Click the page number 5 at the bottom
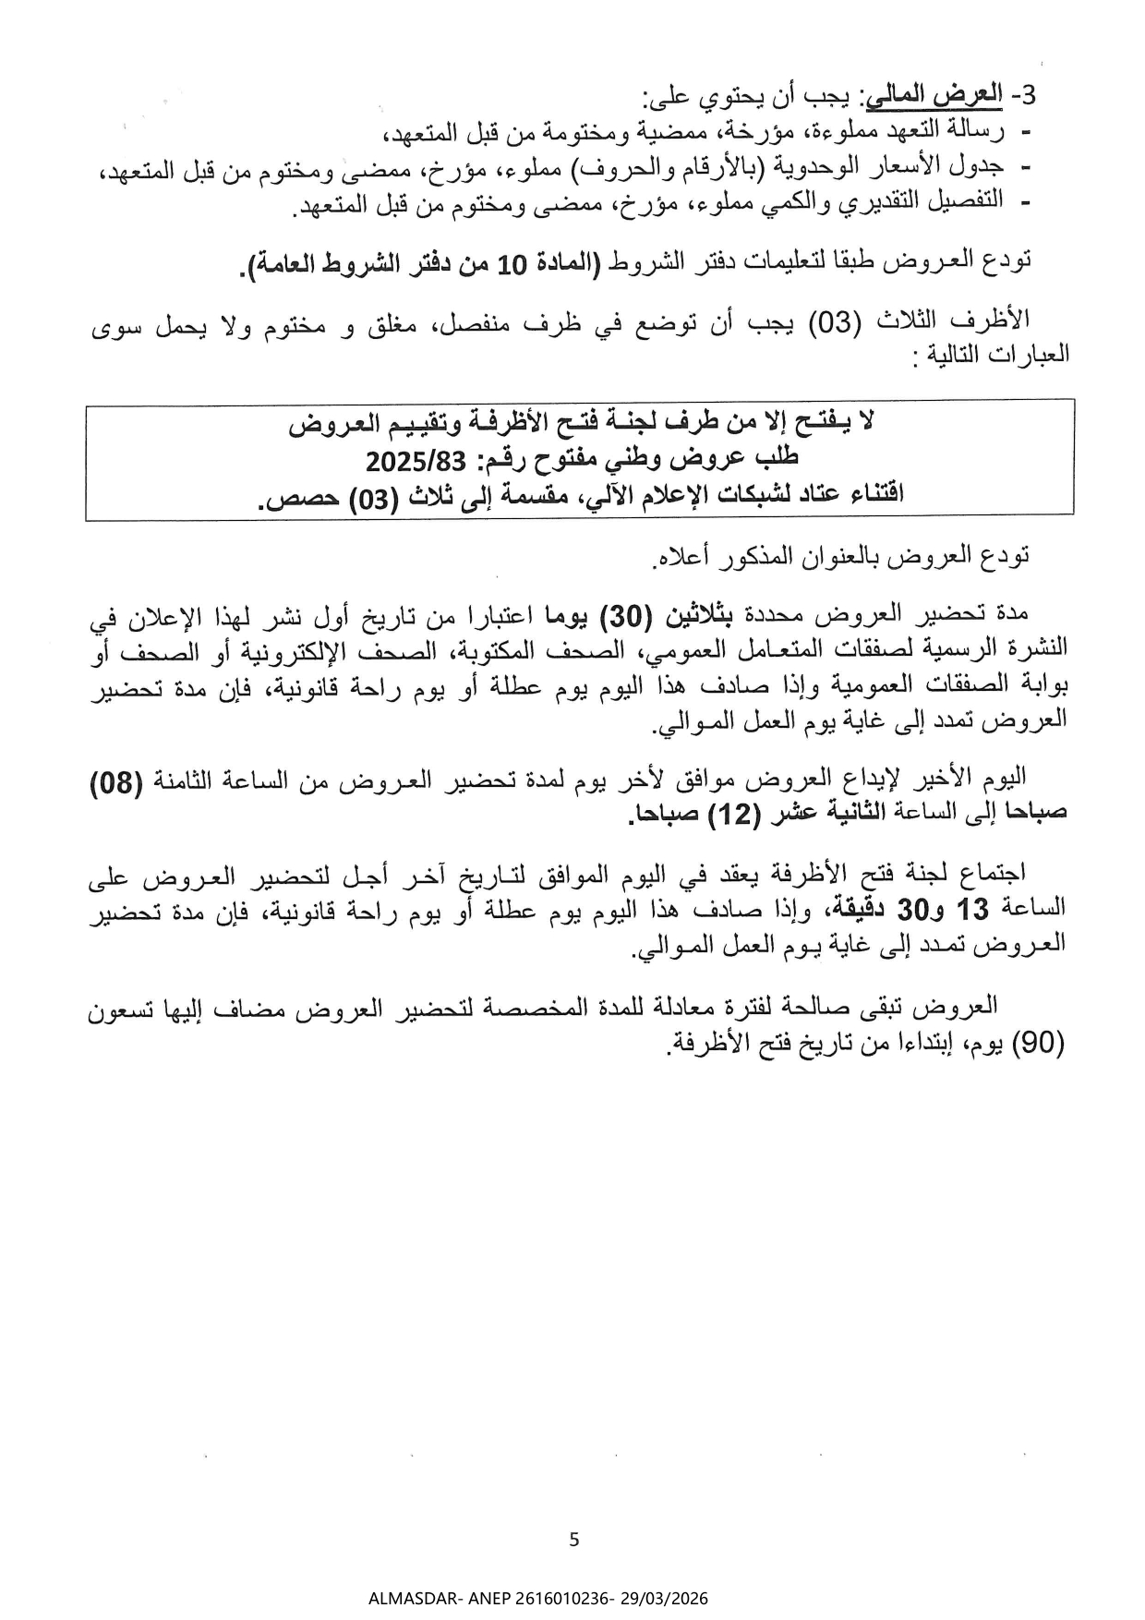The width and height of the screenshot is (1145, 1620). pyautogui.click(x=574, y=1539)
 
